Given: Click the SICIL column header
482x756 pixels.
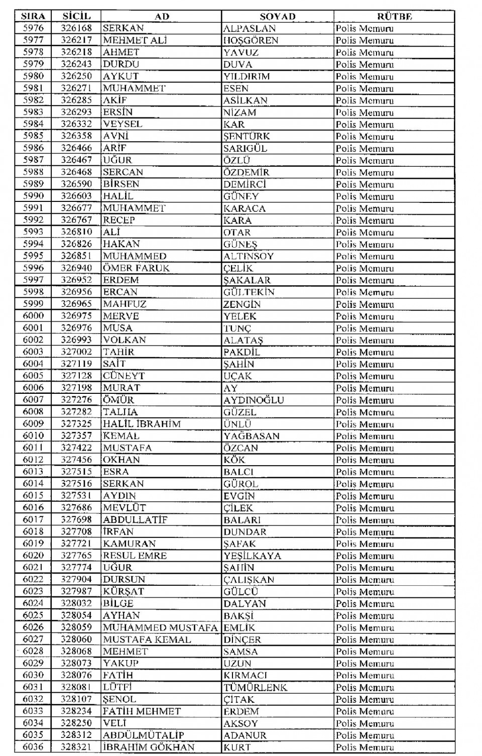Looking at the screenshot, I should pos(76,16).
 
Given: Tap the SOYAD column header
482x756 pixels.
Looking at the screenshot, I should pos(277,16).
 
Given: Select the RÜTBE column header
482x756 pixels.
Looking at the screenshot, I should pos(394,16).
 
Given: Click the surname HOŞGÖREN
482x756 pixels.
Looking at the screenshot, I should pos(251,40).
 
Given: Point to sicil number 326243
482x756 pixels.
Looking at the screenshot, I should pos(76,64).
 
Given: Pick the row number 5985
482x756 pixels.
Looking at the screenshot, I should pos(33,136).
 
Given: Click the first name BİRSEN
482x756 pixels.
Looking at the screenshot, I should pos(121,184).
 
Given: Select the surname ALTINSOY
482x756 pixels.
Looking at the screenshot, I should pos(249,256).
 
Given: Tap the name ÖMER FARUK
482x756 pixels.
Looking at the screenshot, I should pos(136,268).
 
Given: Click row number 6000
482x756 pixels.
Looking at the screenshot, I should pos(33,316).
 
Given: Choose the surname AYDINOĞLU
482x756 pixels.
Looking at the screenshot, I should pos(254,400).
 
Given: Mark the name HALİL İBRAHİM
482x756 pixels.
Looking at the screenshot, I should pos(142,424).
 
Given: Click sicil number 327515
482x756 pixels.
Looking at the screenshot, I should pos(76,472).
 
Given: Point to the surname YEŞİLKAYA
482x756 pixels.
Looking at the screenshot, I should pos(252,556).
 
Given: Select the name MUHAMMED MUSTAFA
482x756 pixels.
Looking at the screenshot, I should pos(160,627).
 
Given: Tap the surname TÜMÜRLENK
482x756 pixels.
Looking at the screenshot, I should pos(255,687).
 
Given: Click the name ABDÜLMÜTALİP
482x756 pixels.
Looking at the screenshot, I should pos(143,735).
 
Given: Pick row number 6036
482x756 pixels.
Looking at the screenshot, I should pos(33,747).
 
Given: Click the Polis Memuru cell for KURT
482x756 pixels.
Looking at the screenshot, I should pos(365,747).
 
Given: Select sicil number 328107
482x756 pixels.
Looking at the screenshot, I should pos(76,699).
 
